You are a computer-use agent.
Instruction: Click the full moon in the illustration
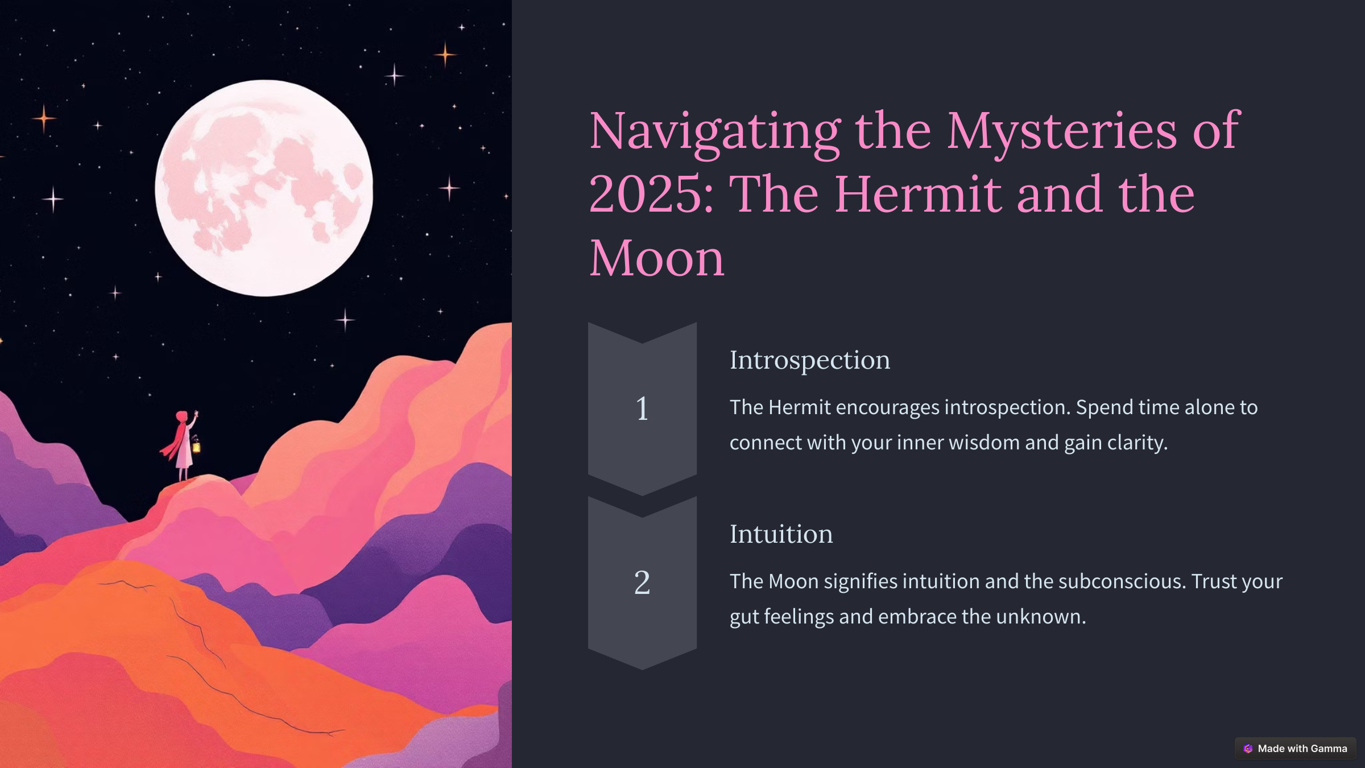[264, 188]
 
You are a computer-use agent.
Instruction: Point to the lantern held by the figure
[196, 446]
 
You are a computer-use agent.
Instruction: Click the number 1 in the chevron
[642, 408]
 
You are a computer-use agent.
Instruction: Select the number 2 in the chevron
[642, 583]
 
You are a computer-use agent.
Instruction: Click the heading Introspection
[810, 360]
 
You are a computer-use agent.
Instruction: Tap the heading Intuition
[781, 534]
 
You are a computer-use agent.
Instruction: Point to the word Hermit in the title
[917, 195]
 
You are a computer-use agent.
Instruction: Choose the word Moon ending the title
[657, 258]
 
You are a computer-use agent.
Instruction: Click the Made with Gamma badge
[1295, 749]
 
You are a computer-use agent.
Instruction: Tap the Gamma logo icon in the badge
[1248, 749]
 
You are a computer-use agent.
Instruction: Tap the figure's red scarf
[175, 441]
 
